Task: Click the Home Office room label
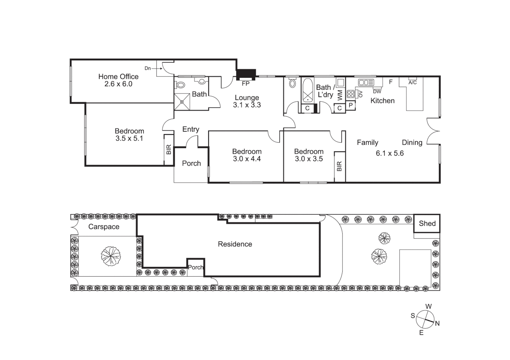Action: [118, 77]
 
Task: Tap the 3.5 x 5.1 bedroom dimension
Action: [129, 138]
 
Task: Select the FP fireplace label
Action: [245, 84]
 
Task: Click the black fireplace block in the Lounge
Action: [246, 74]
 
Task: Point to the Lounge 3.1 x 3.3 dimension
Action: [247, 105]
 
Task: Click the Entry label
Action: [191, 129]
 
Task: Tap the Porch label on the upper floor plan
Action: [191, 163]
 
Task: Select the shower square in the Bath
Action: [182, 102]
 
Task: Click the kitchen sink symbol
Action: [366, 82]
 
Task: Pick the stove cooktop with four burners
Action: [351, 94]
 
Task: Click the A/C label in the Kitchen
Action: [413, 82]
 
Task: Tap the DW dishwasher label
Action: [377, 91]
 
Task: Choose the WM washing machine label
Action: [340, 95]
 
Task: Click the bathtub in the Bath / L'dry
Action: [307, 90]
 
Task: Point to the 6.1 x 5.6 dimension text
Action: [390, 153]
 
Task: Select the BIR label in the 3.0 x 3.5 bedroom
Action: [340, 166]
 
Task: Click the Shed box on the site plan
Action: [427, 223]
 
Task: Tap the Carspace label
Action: [104, 227]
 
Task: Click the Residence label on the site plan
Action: [235, 244]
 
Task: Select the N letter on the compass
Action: [437, 323]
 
